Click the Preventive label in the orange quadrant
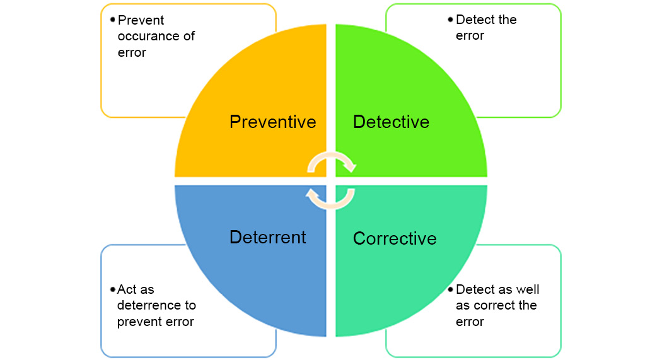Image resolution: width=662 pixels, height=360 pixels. click(272, 121)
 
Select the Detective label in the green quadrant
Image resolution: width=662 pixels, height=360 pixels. click(391, 122)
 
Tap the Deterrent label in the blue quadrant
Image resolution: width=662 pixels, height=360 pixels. click(267, 237)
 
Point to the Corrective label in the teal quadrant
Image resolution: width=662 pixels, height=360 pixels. click(395, 238)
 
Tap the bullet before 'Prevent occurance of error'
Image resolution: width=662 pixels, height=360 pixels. click(112, 18)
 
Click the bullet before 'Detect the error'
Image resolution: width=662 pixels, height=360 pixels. click(450, 18)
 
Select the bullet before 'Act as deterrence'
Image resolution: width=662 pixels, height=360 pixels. click(112, 289)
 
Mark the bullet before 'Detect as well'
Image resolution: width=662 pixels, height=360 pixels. click(450, 289)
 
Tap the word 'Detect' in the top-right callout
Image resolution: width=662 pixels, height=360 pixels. click(474, 20)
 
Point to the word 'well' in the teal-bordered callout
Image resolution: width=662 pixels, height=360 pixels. click(528, 289)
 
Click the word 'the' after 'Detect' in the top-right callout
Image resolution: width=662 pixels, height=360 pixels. click(506, 20)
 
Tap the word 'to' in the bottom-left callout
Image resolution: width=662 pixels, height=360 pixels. click(189, 305)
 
